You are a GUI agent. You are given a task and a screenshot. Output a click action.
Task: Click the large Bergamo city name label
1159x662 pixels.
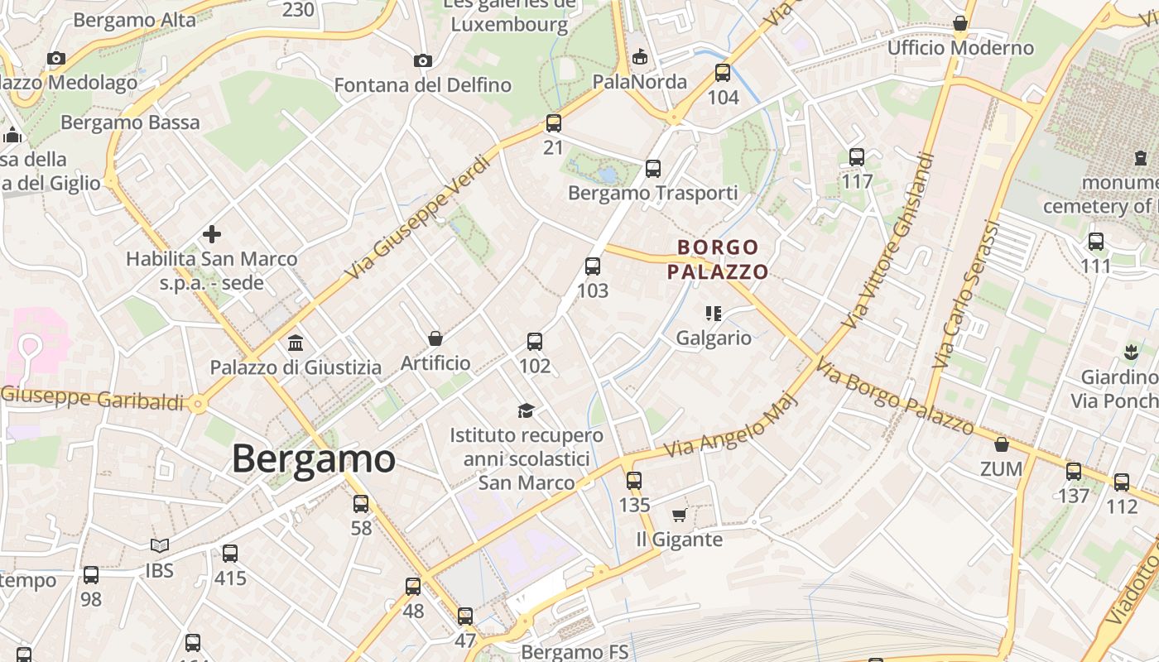pos(314,458)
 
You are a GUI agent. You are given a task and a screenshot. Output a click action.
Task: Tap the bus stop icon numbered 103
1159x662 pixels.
pos(593,266)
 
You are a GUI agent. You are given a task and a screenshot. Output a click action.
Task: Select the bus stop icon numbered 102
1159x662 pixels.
pos(535,341)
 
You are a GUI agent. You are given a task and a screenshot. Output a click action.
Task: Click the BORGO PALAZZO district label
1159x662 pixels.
pos(718,259)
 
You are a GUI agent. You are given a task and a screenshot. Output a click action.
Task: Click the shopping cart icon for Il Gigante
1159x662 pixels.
pos(679,516)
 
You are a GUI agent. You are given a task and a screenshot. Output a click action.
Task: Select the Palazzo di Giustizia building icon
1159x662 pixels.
pos(296,343)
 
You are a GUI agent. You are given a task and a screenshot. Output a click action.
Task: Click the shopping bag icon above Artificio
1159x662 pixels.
pos(435,338)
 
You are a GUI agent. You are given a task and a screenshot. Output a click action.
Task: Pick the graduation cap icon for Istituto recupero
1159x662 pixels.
pos(527,410)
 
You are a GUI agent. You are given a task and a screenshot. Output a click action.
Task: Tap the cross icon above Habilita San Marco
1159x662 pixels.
pos(212,234)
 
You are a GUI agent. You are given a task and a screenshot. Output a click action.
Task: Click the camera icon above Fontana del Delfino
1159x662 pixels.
pos(423,60)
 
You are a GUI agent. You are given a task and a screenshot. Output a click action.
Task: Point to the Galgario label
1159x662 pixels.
pos(714,338)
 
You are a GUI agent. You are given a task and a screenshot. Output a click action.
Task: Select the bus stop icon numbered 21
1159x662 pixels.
pos(554,123)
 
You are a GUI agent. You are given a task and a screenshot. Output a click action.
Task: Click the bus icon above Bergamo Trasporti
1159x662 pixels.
pos(653,169)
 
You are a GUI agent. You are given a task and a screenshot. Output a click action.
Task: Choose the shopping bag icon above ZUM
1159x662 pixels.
pos(1002,444)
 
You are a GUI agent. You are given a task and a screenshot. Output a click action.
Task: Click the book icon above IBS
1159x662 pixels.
pos(160,545)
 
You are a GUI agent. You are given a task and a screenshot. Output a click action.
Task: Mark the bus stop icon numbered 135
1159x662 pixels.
pos(634,480)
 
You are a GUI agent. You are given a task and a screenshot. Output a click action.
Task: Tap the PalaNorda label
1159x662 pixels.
pos(640,81)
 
